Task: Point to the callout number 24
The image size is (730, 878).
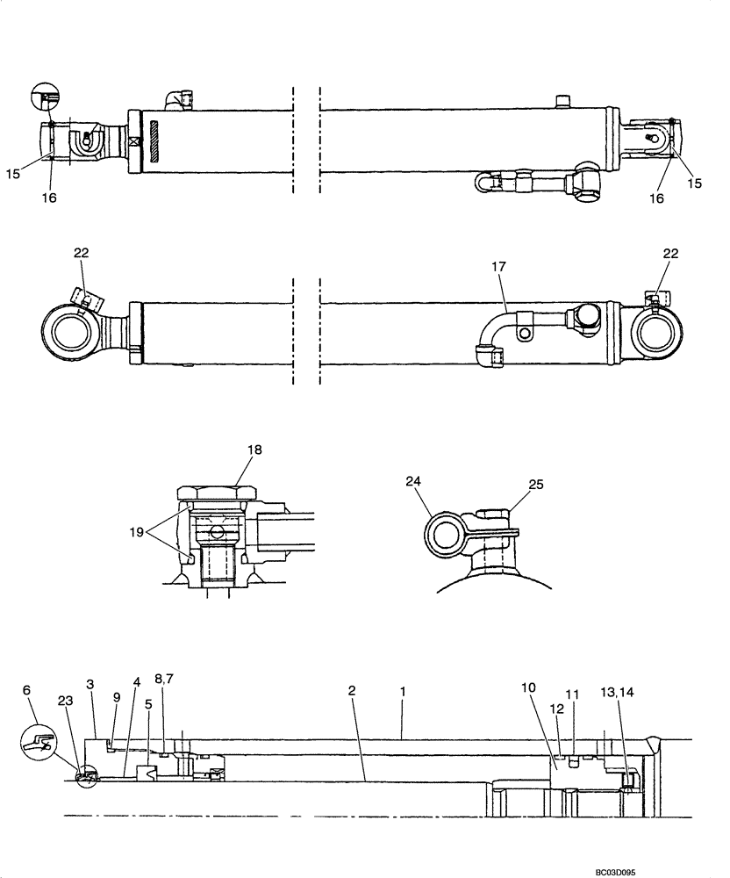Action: (412, 481)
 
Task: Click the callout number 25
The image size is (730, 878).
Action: (536, 485)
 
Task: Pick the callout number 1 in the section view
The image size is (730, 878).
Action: (403, 692)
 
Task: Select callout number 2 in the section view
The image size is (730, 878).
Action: (351, 692)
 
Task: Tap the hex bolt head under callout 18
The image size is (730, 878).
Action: (216, 493)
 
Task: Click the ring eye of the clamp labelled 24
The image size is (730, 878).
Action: (444, 534)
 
